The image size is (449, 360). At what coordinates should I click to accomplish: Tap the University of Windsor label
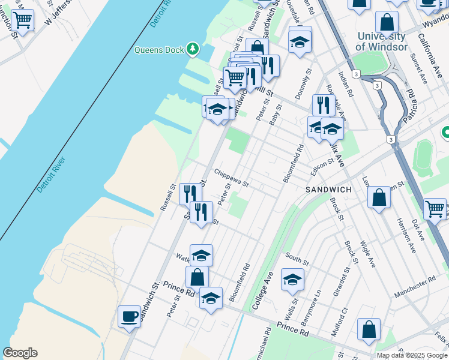click(381, 41)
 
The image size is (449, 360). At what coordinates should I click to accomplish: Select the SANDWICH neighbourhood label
click(328, 189)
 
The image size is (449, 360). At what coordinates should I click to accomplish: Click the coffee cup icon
click(130, 316)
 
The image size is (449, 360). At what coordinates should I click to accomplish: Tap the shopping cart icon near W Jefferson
click(22, 21)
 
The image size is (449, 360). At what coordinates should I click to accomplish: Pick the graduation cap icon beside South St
click(292, 279)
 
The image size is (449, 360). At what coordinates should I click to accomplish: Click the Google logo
click(20, 353)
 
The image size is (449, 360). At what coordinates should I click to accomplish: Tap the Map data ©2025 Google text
click(412, 355)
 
